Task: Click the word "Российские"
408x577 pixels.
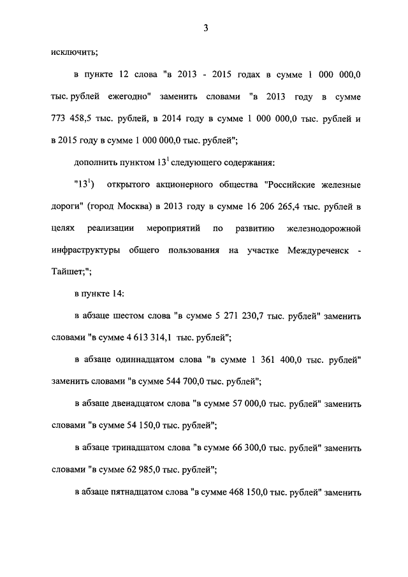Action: click(x=295, y=185)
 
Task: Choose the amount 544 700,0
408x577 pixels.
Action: click(x=192, y=383)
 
